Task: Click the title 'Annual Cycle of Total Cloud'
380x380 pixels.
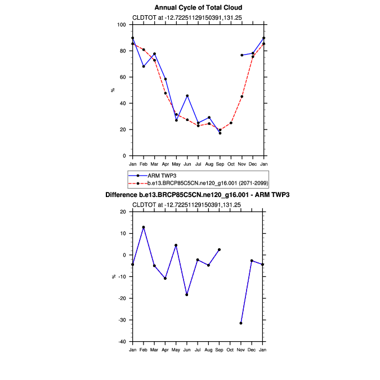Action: (198, 8)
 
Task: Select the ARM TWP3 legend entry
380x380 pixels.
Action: (162, 176)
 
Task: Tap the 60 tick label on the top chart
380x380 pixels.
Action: (123, 77)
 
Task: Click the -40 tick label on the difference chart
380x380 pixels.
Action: (122, 342)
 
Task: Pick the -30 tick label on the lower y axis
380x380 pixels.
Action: (122, 320)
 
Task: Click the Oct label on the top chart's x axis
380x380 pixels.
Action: (231, 164)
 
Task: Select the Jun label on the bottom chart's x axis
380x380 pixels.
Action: (187, 350)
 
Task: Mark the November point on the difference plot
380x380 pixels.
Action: (242, 323)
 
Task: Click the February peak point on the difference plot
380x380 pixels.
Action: (144, 227)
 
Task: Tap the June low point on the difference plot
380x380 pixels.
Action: (187, 294)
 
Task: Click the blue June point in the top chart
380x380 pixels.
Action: (187, 96)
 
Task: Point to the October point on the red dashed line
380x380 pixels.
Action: (231, 123)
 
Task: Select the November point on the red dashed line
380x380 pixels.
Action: (242, 97)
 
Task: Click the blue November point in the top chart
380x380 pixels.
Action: (242, 55)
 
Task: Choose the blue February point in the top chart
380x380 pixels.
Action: (144, 66)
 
